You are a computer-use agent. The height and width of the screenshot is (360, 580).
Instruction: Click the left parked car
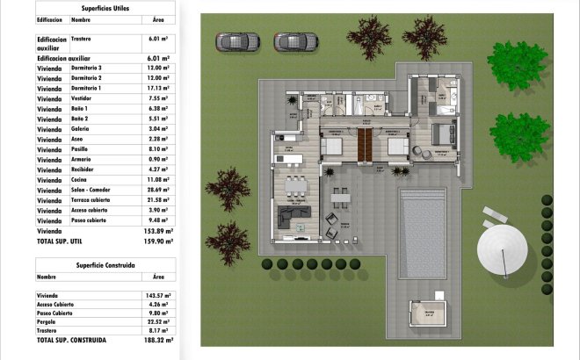[x=236, y=41]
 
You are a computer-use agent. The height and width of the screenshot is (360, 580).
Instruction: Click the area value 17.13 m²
[x=157, y=89]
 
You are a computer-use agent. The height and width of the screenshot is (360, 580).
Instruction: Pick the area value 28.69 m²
[x=157, y=190]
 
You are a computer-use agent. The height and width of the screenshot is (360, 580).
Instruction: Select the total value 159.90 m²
[x=157, y=241]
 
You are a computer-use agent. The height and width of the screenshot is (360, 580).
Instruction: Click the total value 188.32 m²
[x=157, y=339]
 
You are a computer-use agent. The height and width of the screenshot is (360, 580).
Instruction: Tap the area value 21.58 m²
[x=157, y=200]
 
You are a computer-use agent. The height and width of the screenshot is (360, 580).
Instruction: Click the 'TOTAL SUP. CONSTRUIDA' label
[x=72, y=339]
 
